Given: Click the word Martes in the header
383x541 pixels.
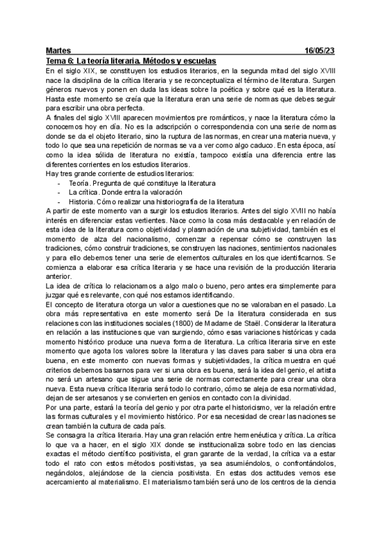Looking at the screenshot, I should click(x=59, y=50).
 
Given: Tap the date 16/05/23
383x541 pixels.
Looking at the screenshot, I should click(x=321, y=50).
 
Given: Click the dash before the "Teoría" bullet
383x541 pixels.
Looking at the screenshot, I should click(x=59, y=182).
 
